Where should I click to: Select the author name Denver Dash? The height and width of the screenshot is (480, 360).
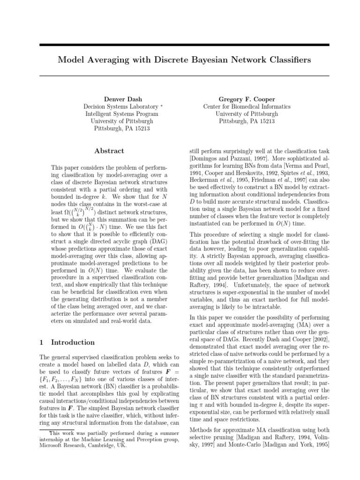(x=122, y=99)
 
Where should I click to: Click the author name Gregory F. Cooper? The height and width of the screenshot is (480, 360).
(x=247, y=99)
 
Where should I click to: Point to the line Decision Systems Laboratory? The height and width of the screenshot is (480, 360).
(x=119, y=107)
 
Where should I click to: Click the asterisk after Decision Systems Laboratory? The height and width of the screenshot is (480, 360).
(x=162, y=106)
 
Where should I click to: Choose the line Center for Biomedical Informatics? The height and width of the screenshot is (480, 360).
(x=247, y=107)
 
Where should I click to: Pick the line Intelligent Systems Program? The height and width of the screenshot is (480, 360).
(x=122, y=114)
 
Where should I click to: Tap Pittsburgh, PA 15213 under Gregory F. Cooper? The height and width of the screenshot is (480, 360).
(x=247, y=121)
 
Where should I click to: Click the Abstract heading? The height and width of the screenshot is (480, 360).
(x=109, y=151)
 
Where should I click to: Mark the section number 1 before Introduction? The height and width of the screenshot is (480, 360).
(x=42, y=342)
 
